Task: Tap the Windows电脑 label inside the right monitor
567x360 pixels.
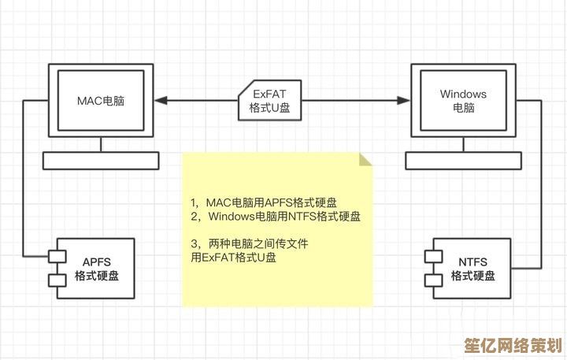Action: click(464, 101)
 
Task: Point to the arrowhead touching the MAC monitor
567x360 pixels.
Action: click(161, 100)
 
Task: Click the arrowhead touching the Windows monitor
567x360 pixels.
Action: click(405, 100)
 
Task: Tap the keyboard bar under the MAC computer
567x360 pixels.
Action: click(102, 161)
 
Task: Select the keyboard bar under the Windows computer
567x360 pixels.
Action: click(464, 161)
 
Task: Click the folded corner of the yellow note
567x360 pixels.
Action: click(365, 159)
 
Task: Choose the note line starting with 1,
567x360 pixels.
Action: click(264, 202)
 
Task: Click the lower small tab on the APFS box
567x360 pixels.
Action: click(55, 280)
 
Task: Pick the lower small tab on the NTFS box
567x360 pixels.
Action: click(432, 280)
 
